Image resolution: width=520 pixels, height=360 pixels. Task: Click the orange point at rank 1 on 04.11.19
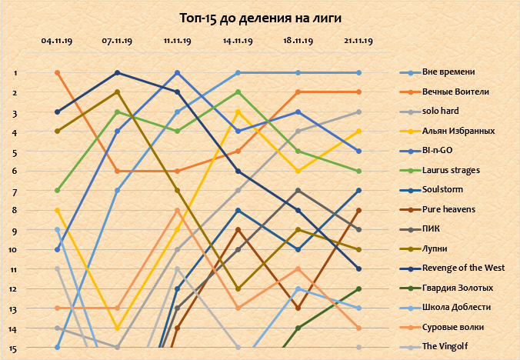(x=58, y=72)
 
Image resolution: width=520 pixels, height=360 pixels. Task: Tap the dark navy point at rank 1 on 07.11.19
(x=117, y=72)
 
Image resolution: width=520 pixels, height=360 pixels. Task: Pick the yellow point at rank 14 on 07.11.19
(x=117, y=328)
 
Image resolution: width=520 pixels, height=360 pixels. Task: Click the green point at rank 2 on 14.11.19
(x=238, y=92)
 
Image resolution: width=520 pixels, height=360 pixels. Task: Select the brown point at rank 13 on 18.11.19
(x=298, y=308)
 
